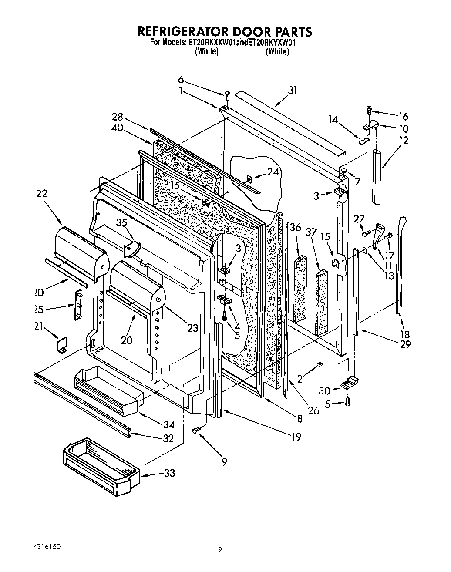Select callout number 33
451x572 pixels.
click(x=168, y=473)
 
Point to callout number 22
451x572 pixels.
click(x=42, y=194)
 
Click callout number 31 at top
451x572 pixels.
click(x=292, y=90)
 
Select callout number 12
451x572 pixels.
click(x=403, y=141)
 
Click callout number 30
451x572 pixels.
click(x=325, y=391)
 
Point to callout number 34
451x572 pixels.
click(x=169, y=425)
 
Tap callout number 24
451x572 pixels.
click(x=273, y=172)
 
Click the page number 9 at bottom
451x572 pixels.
click(x=220, y=550)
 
